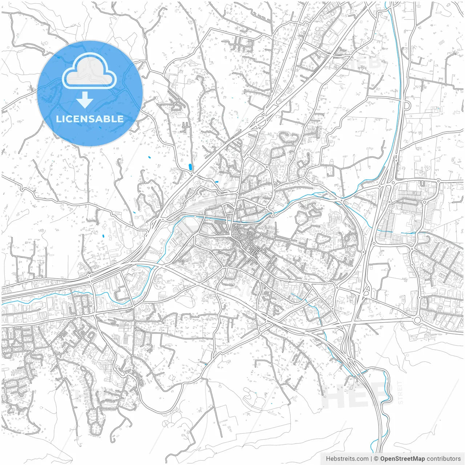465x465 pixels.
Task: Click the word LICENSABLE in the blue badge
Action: coord(90,119)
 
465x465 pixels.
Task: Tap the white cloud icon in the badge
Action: coord(89,72)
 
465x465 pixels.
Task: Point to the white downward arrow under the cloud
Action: coord(85,100)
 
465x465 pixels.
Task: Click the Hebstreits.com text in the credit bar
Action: coord(347,459)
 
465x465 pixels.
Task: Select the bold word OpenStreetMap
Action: coord(403,459)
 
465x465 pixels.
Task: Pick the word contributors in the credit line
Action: coord(444,459)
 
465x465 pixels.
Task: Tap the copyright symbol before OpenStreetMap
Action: coord(376,459)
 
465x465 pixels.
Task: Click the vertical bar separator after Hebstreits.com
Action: coord(371,459)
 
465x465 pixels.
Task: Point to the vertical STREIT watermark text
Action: coord(400,392)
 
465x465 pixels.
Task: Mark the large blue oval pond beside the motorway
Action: coord(190,167)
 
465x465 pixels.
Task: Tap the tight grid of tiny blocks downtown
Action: coord(254,250)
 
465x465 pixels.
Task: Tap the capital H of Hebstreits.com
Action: coord(328,459)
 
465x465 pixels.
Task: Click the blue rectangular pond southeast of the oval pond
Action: coord(217,181)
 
